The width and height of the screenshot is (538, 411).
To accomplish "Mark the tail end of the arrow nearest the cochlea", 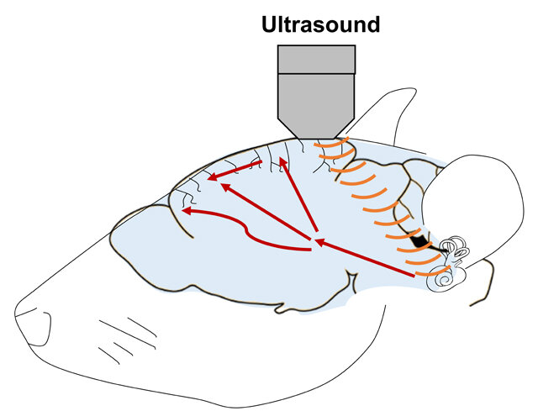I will point(414,276).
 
